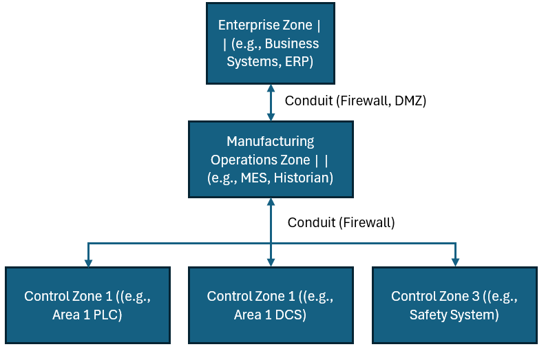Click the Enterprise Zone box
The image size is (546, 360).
271,43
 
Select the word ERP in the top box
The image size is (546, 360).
299,62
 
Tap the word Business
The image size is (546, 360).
292,43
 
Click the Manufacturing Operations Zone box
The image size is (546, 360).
271,160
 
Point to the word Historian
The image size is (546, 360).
303,178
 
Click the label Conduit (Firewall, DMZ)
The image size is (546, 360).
355,101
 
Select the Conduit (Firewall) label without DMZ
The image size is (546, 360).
342,222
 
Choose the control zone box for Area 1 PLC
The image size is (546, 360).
87,306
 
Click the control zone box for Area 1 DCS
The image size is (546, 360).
271,306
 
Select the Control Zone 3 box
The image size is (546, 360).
454,306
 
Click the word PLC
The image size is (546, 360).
107,315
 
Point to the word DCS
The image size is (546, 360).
291,315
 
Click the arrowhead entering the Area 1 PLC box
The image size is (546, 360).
88,263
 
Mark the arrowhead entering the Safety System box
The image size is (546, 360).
456,263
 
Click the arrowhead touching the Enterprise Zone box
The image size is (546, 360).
271,88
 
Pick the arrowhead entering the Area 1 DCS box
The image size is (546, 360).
271,263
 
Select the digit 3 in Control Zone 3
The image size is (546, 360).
476,296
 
